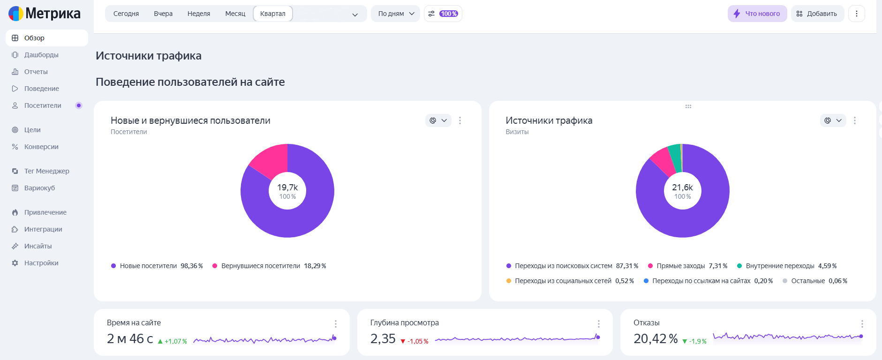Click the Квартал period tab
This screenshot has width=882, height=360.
[x=273, y=14]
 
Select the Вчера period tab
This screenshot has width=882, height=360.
[x=163, y=14]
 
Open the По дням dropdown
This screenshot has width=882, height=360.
[x=396, y=14]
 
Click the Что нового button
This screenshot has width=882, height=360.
[x=757, y=14]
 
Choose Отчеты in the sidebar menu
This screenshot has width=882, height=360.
[x=36, y=72]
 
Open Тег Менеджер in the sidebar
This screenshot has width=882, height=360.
[x=46, y=171]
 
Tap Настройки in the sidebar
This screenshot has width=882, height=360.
[x=41, y=263]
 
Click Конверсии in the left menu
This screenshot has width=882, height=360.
[x=41, y=147]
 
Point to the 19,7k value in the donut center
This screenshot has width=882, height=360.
[x=287, y=187]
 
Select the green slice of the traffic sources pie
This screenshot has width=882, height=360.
[x=675, y=157]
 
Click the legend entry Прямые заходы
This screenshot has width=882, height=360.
[x=687, y=266]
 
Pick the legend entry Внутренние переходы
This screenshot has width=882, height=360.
[x=786, y=266]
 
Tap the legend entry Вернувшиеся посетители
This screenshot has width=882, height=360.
[x=269, y=266]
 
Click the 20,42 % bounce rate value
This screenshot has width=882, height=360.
[x=656, y=338]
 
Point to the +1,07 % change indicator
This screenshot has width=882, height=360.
[x=173, y=341]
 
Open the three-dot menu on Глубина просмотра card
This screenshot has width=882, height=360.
[x=598, y=324]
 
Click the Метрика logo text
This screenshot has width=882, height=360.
[x=53, y=14]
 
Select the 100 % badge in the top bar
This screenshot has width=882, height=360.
[x=448, y=14]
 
